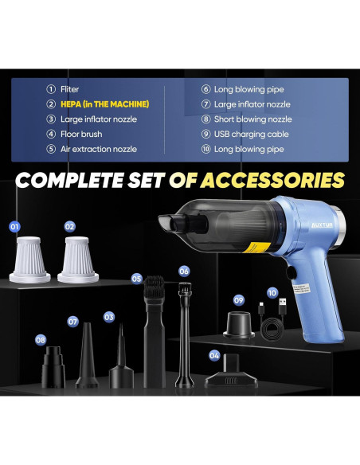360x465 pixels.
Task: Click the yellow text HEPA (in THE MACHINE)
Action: coord(104,104)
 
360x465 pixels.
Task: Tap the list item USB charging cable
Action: coord(252,134)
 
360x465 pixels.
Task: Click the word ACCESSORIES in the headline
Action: coord(272,180)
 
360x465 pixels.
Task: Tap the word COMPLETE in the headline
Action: coord(68,180)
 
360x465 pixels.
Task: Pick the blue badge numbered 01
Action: coord(14,227)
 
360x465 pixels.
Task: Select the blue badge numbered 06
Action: coord(184,271)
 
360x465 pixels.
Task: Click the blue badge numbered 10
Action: coord(272,293)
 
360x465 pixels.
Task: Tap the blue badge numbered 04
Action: coord(214,355)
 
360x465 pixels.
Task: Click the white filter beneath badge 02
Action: coord(78,260)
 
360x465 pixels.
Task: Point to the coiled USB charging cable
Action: coord(272,321)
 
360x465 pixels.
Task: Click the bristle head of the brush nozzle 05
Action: coord(154,287)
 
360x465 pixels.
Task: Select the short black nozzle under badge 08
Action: coord(53,367)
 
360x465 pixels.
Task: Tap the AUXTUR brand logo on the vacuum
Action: coord(322,225)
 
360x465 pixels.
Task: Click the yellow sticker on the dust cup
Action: coord(256,247)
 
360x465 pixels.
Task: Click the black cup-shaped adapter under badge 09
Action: coord(239,325)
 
